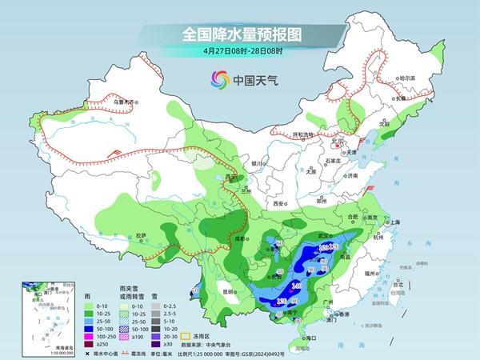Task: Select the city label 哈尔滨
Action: [x=406, y=78]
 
